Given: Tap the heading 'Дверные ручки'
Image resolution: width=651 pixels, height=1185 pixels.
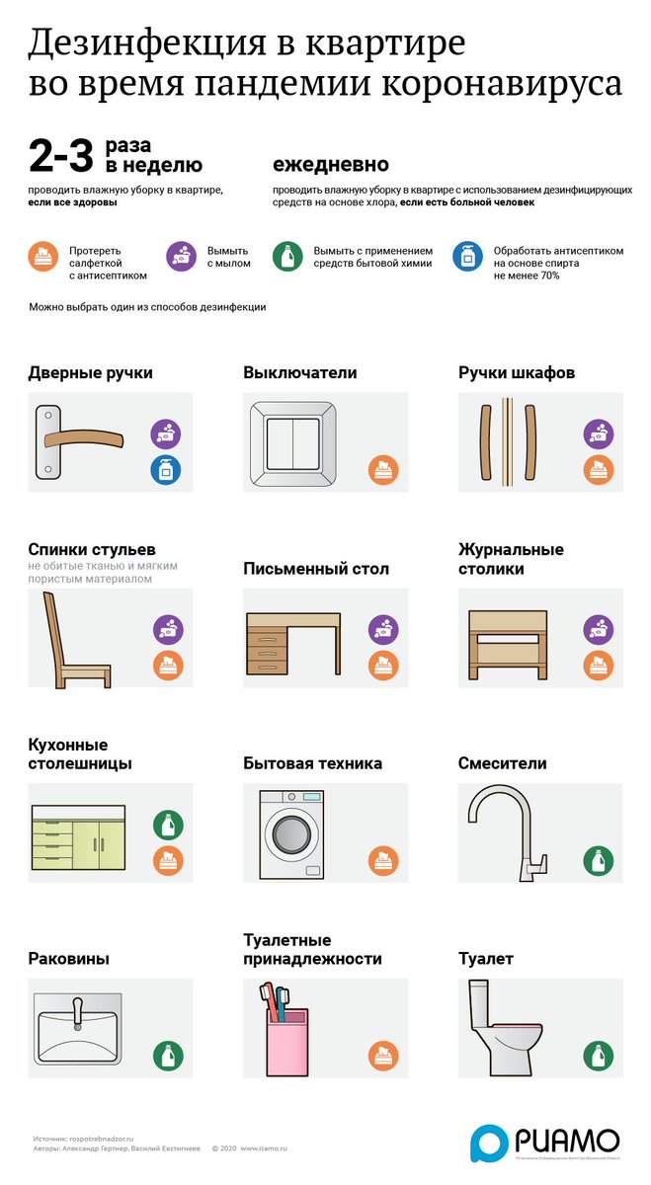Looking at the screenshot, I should pyautogui.click(x=90, y=373).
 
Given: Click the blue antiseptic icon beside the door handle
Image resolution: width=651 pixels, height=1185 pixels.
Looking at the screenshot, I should pyautogui.click(x=166, y=469).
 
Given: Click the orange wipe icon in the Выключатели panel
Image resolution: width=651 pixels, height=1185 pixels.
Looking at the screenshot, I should pyautogui.click(x=383, y=469).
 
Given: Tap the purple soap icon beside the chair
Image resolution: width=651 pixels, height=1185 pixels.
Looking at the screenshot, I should pyautogui.click(x=168, y=629).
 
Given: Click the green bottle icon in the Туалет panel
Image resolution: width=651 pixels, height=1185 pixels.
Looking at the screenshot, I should pyautogui.click(x=598, y=1056).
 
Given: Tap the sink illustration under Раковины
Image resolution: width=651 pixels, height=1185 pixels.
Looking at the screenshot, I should pyautogui.click(x=76, y=1030).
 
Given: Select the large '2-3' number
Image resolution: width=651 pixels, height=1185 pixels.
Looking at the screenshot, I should pyautogui.click(x=60, y=156).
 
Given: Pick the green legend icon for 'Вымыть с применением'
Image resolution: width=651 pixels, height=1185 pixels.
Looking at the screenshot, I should pyautogui.click(x=286, y=257).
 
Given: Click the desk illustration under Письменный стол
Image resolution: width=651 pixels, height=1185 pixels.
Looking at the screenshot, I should pyautogui.click(x=293, y=645).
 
